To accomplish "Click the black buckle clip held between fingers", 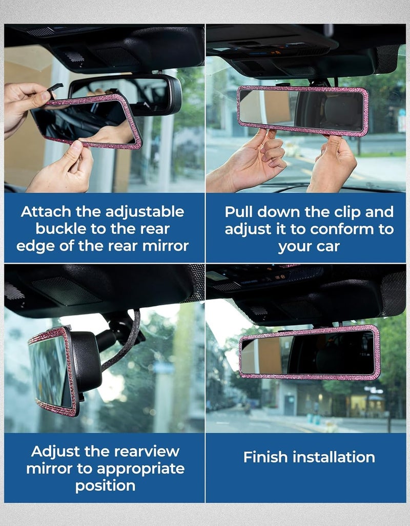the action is [x=55, y=89].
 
